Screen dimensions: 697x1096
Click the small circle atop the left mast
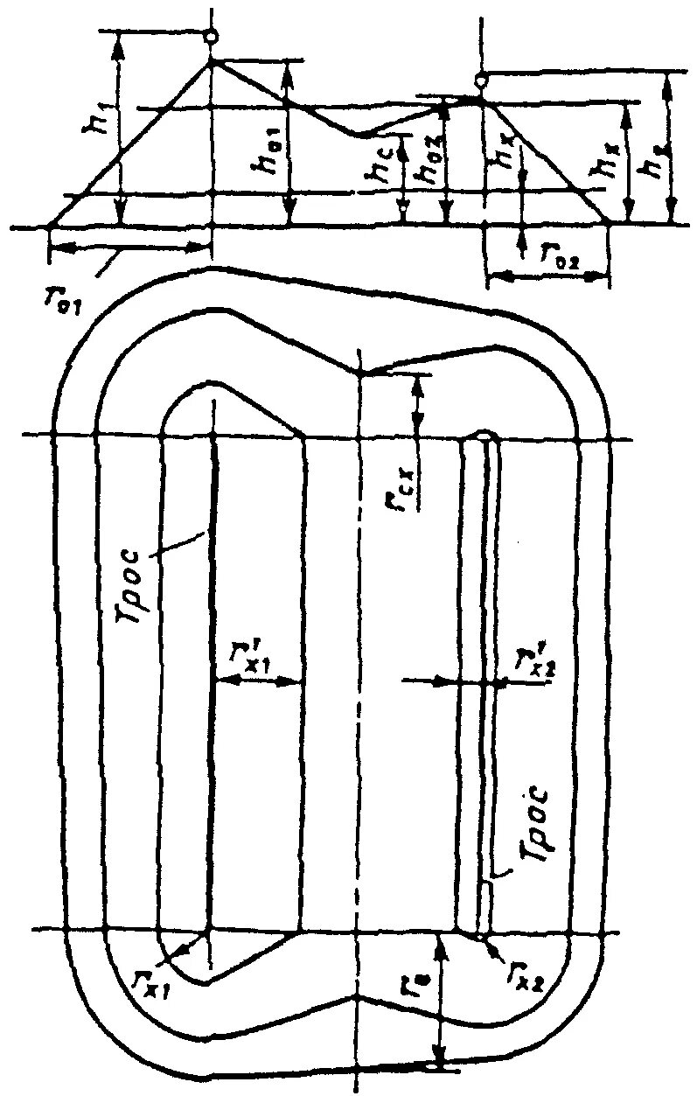coord(210,37)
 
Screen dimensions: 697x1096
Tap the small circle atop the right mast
coord(480,80)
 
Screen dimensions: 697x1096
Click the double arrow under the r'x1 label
coord(257,684)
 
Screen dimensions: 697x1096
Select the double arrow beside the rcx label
coord(417,404)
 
